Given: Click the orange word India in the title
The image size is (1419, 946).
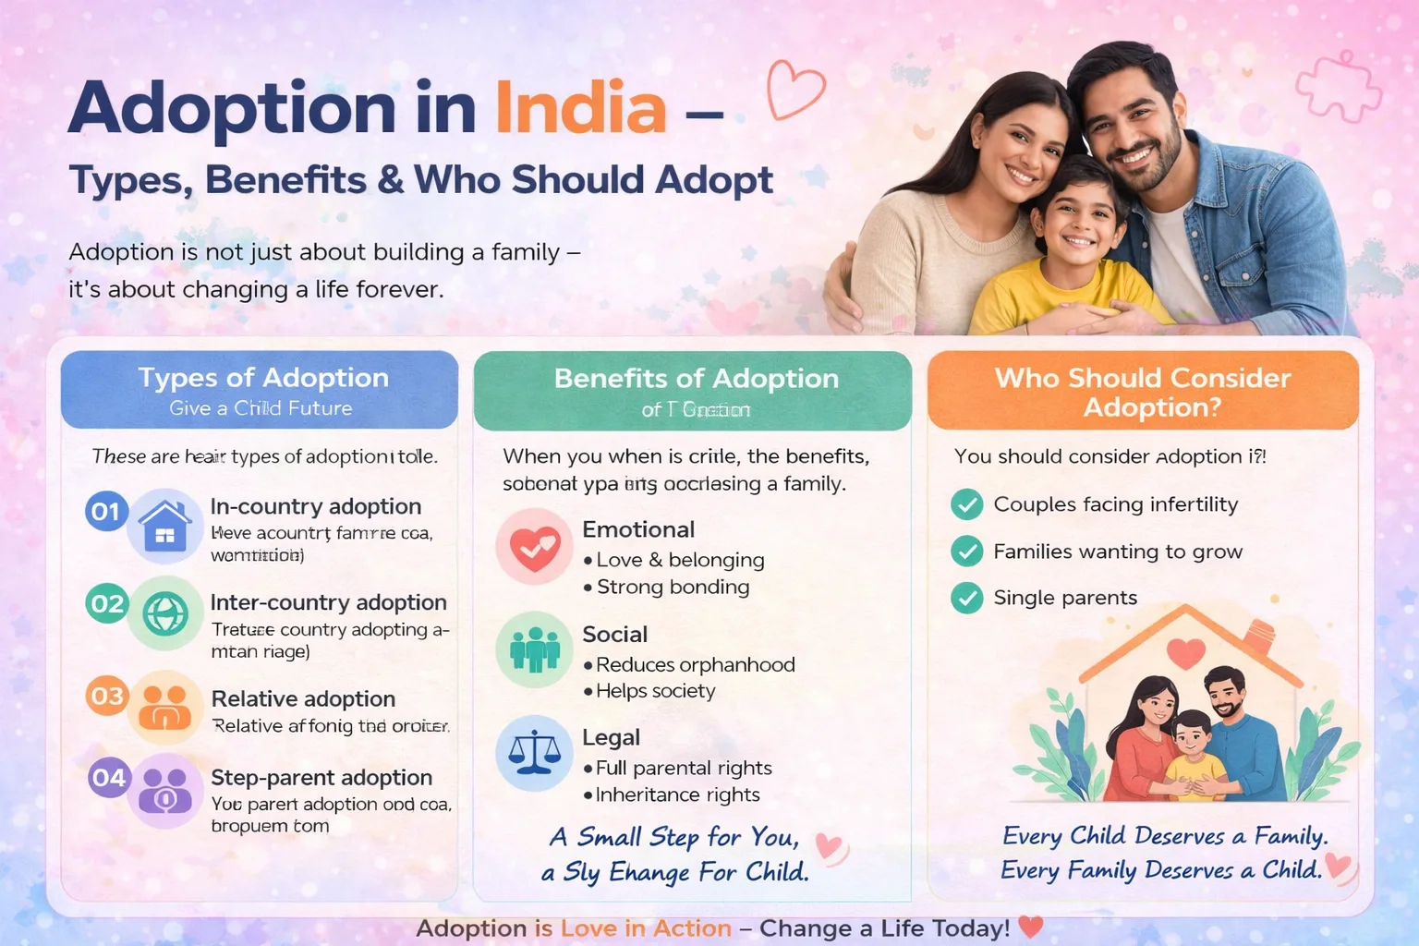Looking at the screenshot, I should [580, 108].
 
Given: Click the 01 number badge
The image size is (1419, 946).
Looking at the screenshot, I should [106, 511].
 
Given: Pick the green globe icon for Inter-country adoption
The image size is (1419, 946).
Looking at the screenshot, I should [165, 612].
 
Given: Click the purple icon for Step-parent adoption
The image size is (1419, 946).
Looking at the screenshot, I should [165, 791].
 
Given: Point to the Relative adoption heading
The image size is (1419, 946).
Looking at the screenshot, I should [303, 698].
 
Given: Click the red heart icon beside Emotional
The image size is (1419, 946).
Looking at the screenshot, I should [535, 546].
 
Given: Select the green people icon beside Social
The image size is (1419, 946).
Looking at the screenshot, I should [535, 649].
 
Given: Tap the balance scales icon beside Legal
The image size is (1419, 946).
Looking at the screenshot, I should [535, 752].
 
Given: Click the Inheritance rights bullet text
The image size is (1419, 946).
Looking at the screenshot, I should [677, 794].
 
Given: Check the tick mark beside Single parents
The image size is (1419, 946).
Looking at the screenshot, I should [966, 598].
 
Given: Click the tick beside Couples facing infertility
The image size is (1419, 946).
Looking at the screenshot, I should [966, 504].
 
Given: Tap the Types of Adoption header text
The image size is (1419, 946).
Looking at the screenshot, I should [263, 378].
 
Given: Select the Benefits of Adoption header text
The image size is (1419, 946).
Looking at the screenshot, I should [696, 378].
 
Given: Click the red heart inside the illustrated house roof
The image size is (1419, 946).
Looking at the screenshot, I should [1185, 652].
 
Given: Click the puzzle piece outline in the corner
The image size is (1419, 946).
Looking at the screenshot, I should [1339, 87].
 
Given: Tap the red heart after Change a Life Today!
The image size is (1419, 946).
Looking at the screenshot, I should [1031, 926].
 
